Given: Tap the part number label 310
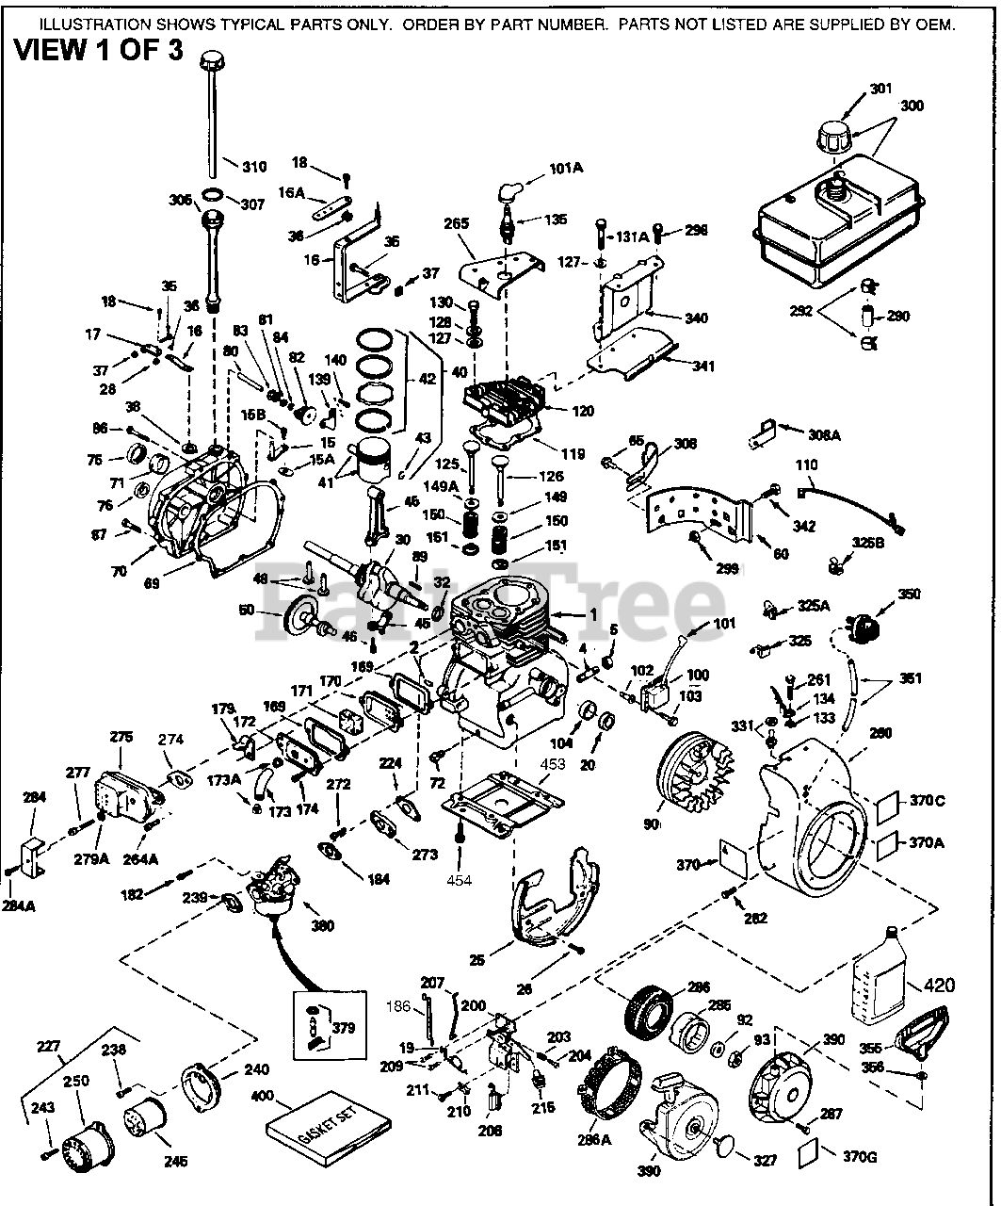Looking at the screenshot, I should point(254,167).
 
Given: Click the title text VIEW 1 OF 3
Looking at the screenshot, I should point(97,49).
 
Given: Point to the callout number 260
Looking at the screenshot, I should point(880,734).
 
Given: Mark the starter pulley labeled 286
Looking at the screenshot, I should point(649,1014).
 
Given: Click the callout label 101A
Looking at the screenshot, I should point(566,169).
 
